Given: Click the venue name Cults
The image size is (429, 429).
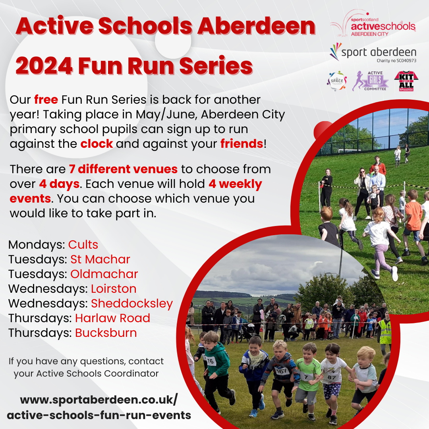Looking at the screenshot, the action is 83,245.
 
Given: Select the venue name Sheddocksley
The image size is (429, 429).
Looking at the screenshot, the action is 132,304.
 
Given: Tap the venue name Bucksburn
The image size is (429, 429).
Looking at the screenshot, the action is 106,333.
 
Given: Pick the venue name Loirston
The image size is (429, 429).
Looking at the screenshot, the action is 114,289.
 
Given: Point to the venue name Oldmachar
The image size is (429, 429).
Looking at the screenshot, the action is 104,274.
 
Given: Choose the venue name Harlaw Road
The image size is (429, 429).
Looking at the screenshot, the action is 112,318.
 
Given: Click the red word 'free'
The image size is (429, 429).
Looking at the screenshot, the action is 46,100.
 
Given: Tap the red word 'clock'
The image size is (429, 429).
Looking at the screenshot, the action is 97,144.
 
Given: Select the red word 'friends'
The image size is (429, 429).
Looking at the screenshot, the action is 242,144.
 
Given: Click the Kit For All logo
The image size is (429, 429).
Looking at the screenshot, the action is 406,81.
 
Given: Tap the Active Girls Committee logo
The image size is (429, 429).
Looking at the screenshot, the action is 370,81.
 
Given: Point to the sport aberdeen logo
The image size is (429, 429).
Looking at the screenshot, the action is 373,52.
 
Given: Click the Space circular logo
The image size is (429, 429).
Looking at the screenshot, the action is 337,81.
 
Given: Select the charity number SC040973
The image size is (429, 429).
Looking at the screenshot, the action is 396,60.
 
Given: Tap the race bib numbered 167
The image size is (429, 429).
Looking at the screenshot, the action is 281,371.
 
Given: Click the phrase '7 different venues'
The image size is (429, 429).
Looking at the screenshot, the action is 123,169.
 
